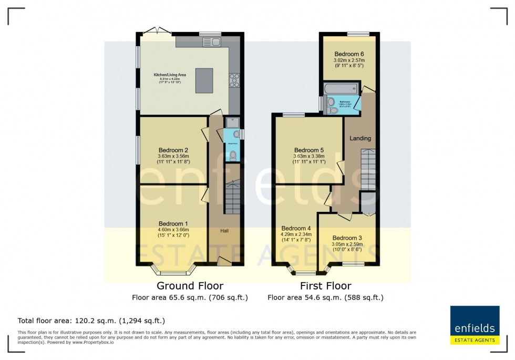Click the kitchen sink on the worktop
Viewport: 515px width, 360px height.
(212, 42)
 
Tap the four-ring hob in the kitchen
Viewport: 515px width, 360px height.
(234, 80)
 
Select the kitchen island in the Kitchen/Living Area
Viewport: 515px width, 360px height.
(204, 80)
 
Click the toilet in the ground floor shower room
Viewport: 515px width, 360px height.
(232, 155)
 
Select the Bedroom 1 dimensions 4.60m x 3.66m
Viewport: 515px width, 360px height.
(173, 230)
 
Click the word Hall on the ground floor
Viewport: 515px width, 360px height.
(224, 231)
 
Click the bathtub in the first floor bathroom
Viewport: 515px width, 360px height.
(340, 88)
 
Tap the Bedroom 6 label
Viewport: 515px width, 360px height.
(349, 54)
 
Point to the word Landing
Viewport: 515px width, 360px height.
(360, 138)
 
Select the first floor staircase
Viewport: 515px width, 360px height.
(368, 169)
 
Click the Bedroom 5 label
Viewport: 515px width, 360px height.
(309, 150)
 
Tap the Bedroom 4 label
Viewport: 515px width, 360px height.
(296, 228)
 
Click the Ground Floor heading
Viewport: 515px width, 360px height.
(190, 286)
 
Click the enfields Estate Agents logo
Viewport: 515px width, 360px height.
(475, 325)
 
